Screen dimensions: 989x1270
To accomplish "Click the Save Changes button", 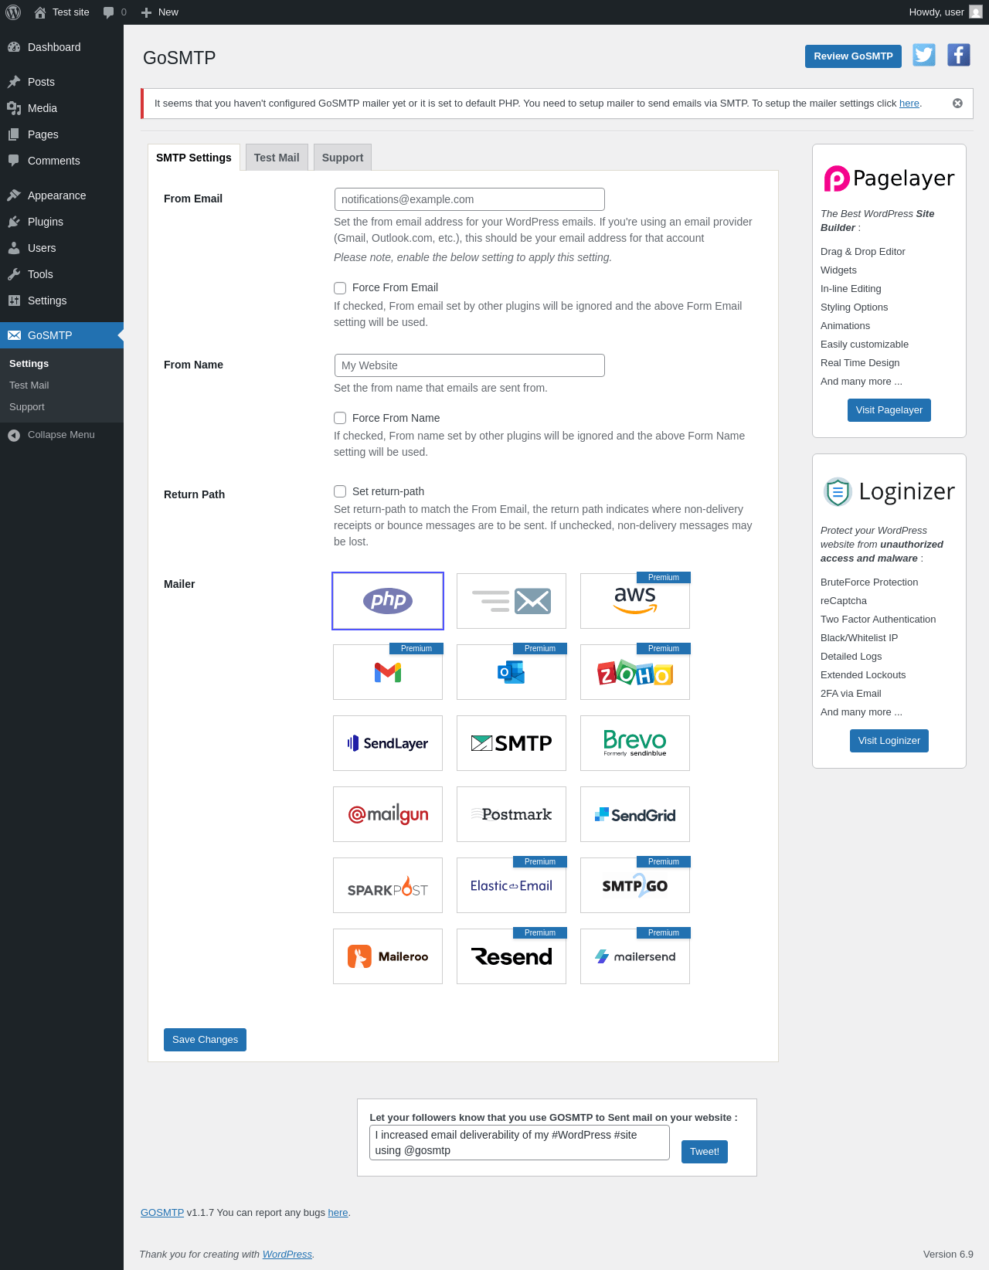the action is tap(205, 1039).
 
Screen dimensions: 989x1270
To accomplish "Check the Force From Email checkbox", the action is tap(340, 287).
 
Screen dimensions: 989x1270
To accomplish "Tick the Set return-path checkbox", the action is tap(340, 491).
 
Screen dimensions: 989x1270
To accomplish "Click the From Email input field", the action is tap(469, 199).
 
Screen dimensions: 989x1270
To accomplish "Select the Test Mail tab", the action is tap(277, 158).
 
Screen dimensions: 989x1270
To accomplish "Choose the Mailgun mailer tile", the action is tap(388, 814).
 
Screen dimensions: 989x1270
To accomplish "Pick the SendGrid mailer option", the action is tap(635, 814).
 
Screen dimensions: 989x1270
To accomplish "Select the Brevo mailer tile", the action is tap(635, 743).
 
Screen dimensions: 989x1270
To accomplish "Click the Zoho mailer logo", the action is tap(635, 672).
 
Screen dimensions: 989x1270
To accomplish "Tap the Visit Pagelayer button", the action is tap(889, 409).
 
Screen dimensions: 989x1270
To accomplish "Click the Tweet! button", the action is tap(705, 1151).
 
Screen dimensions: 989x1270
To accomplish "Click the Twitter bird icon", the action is tap(924, 56).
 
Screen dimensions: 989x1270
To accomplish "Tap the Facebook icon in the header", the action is tap(959, 56).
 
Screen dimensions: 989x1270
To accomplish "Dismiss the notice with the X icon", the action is tap(957, 104).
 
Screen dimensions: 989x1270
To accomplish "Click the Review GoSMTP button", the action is tap(853, 56).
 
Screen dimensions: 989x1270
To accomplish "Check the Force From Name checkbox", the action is tap(340, 418).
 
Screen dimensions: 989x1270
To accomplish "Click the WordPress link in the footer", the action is tap(287, 1254).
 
